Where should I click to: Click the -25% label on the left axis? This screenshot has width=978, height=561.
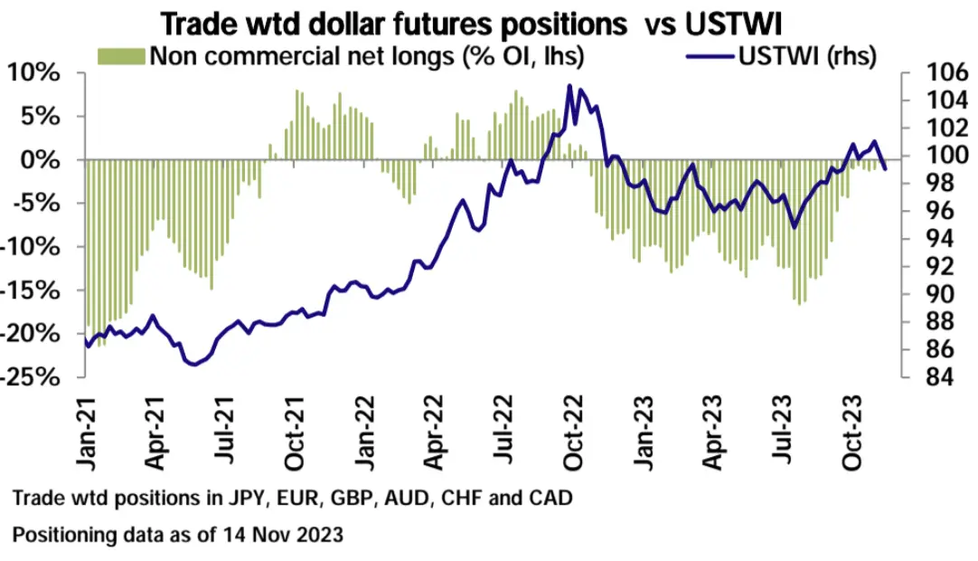34,377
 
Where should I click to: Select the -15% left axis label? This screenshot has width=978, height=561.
34,290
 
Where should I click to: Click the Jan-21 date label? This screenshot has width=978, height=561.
89,436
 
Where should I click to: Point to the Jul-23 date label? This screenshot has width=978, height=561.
785,436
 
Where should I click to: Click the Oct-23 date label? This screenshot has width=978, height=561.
854,436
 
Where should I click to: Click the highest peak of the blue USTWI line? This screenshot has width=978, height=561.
569,86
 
